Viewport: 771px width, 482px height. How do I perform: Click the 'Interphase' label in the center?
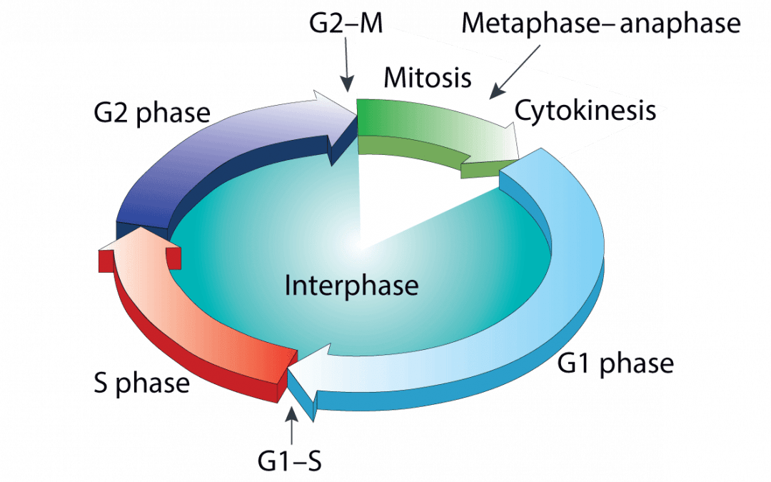[351, 286]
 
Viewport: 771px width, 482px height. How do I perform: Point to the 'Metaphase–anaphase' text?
[600, 24]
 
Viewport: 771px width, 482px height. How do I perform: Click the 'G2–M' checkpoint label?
[346, 24]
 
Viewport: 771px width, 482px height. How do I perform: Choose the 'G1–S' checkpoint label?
[290, 461]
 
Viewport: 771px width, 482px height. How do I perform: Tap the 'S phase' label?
[141, 383]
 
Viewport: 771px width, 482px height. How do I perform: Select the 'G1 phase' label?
[615, 363]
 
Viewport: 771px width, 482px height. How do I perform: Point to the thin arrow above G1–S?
[291, 425]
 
